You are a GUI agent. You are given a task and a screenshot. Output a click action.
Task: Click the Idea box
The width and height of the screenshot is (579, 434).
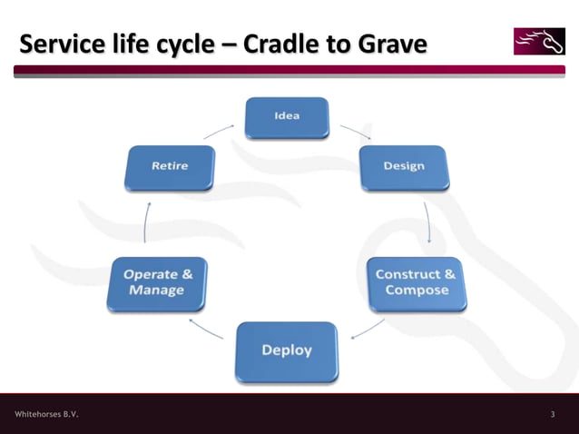click(287, 117)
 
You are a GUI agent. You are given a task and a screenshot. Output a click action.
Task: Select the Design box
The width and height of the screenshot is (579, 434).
click(403, 167)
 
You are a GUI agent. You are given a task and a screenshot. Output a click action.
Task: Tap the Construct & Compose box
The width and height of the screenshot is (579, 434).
click(417, 283)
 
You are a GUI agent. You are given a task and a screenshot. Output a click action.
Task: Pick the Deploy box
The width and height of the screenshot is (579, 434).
click(287, 350)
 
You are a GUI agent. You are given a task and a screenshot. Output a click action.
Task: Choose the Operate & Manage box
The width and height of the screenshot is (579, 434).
click(157, 283)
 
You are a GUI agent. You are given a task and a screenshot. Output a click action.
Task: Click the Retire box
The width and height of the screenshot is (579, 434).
click(170, 167)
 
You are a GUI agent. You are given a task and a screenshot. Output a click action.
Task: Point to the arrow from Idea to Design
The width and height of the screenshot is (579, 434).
click(356, 132)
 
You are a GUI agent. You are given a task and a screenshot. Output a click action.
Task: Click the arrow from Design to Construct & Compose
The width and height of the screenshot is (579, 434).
click(427, 223)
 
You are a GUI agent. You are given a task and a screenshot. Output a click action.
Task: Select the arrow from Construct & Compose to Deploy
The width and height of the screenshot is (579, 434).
click(367, 329)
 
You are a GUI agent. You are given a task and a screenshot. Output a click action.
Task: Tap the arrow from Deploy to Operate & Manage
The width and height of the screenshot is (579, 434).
click(205, 329)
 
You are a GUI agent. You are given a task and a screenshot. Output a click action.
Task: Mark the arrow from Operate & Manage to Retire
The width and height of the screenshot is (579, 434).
click(146, 223)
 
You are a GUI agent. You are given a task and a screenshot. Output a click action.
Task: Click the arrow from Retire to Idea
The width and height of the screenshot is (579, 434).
click(219, 132)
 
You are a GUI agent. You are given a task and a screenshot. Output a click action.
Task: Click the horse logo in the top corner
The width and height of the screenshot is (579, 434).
click(539, 41)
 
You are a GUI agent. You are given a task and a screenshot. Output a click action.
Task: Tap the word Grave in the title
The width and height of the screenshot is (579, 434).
click(392, 44)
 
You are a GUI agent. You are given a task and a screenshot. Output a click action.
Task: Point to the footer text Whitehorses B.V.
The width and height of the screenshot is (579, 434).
click(46, 414)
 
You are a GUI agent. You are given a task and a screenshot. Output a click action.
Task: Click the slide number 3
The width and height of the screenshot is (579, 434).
click(553, 414)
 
